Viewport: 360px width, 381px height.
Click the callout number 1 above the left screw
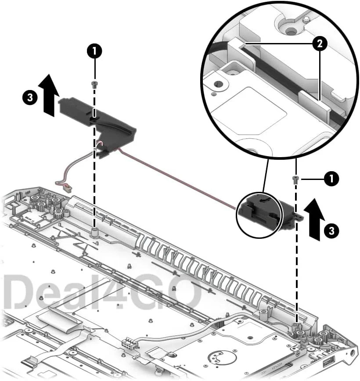(x=94, y=51)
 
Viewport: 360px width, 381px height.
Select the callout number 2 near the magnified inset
(x=319, y=43)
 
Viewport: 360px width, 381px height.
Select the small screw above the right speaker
(x=296, y=178)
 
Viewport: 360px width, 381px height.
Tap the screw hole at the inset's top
(x=290, y=31)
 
